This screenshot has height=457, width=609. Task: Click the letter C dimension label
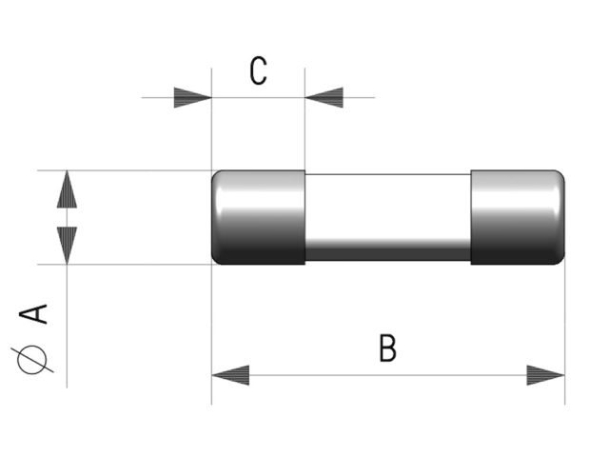point(258,70)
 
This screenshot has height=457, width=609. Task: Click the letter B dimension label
point(387,348)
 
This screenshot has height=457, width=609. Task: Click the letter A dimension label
point(33,314)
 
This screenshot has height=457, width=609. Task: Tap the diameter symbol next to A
point(32,360)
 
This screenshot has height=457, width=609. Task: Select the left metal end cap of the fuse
point(258,217)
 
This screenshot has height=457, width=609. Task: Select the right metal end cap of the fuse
point(518,217)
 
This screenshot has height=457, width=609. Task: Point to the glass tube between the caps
point(388,217)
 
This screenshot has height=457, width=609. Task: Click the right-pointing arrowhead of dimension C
point(192,97)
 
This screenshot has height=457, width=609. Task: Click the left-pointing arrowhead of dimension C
point(324,97)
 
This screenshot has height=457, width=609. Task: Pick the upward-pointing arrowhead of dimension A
point(67,189)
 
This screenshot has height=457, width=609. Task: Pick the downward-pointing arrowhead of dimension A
point(67,246)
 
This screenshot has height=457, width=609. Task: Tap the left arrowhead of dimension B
point(230,375)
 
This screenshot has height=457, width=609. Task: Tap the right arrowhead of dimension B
point(545,375)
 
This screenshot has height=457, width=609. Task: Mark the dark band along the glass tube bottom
point(388,253)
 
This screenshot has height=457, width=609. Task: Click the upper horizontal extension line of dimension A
point(125,170)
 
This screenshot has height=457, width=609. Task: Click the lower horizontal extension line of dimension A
point(125,265)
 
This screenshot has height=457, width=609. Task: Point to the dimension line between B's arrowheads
point(388,375)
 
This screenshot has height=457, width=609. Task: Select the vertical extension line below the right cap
point(564,334)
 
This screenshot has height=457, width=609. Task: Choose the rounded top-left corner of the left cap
point(215,173)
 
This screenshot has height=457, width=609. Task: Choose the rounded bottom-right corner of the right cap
point(561,262)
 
